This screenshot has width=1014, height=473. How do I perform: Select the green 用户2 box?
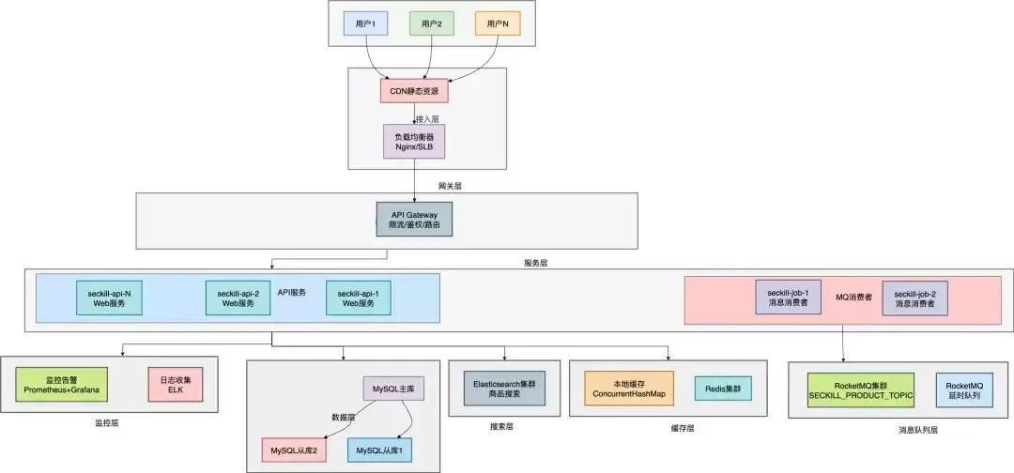432,23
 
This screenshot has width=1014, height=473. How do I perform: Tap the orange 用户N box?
498,23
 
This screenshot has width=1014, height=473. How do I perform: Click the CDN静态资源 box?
414,90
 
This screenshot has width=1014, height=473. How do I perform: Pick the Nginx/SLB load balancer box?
415,142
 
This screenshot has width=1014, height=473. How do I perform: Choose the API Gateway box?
414,220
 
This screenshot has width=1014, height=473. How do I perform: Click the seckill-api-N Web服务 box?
109,298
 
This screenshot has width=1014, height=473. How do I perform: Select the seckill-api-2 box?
238,298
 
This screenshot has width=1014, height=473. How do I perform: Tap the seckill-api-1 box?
359,298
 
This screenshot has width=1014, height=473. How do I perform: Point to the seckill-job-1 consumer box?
789,298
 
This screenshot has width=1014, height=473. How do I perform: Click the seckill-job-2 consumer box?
915,298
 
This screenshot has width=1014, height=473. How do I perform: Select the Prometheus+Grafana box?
61,385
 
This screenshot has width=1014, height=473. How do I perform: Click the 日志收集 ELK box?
176,385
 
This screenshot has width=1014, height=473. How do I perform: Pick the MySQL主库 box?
393,389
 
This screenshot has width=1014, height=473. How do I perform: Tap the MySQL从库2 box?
294,450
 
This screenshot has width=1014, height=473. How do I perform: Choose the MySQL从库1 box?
379,450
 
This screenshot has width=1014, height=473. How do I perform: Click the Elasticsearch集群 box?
504,389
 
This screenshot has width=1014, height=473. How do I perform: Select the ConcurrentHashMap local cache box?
629,389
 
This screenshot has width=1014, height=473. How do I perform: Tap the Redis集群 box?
724,389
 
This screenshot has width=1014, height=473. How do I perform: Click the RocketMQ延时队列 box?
963,389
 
